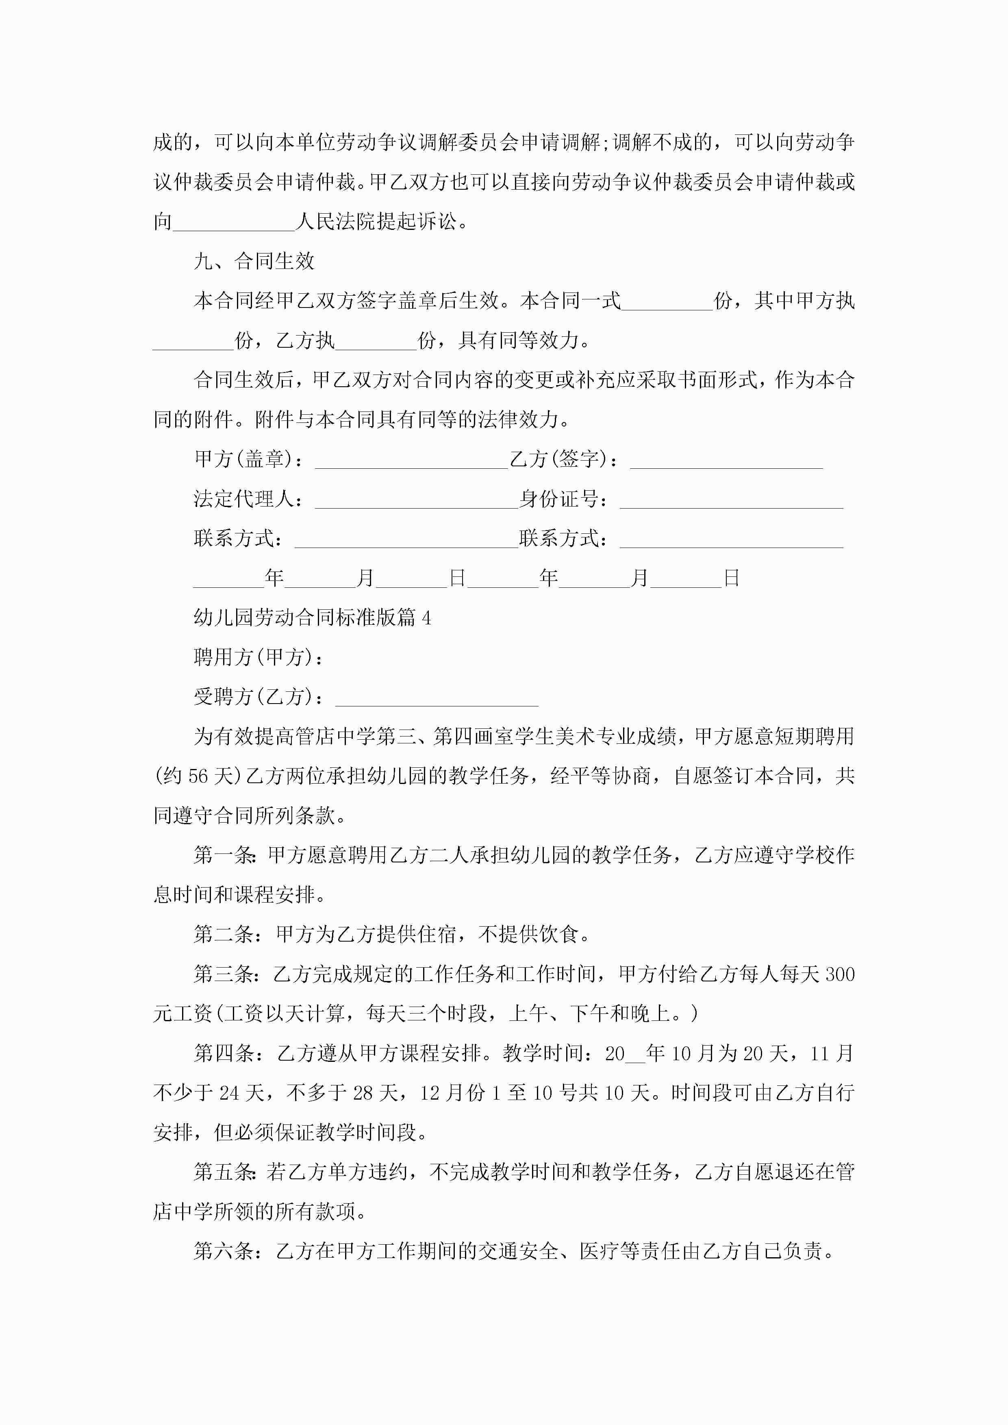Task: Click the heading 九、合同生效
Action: point(254,261)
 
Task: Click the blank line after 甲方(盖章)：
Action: point(411,461)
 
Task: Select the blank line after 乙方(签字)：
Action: point(726,461)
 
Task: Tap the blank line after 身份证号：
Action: point(731,500)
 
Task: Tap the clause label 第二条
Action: point(224,935)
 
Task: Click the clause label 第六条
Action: point(224,1251)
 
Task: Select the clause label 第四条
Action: point(224,1053)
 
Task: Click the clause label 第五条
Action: point(224,1172)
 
